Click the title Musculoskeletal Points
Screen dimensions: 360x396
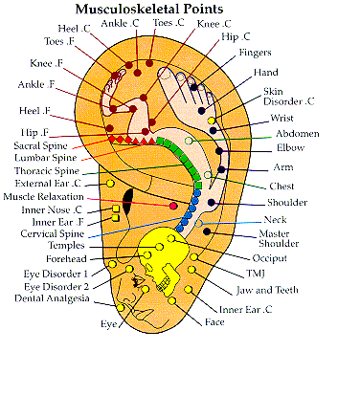click(149, 9)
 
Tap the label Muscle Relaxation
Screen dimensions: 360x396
click(43, 197)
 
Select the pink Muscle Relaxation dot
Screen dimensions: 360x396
click(173, 206)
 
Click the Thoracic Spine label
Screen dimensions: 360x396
click(47, 171)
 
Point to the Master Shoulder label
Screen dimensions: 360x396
click(279, 238)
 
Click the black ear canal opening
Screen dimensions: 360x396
click(128, 202)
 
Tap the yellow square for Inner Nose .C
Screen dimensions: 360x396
click(116, 209)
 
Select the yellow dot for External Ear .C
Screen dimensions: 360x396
click(110, 184)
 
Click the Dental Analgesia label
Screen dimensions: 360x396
click(52, 298)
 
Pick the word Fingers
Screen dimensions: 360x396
click(255, 53)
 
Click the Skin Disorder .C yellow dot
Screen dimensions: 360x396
click(212, 121)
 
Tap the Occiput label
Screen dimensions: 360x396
click(269, 258)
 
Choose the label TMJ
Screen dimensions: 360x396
click(256, 274)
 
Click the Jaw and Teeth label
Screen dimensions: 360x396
click(267, 290)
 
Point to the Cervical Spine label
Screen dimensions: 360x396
click(53, 233)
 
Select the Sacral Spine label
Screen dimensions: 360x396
click(40, 145)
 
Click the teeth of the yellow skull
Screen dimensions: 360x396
click(164, 282)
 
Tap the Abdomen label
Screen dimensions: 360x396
click(298, 133)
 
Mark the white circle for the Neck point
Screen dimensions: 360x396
click(198, 223)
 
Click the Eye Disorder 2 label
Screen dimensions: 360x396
click(56, 287)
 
